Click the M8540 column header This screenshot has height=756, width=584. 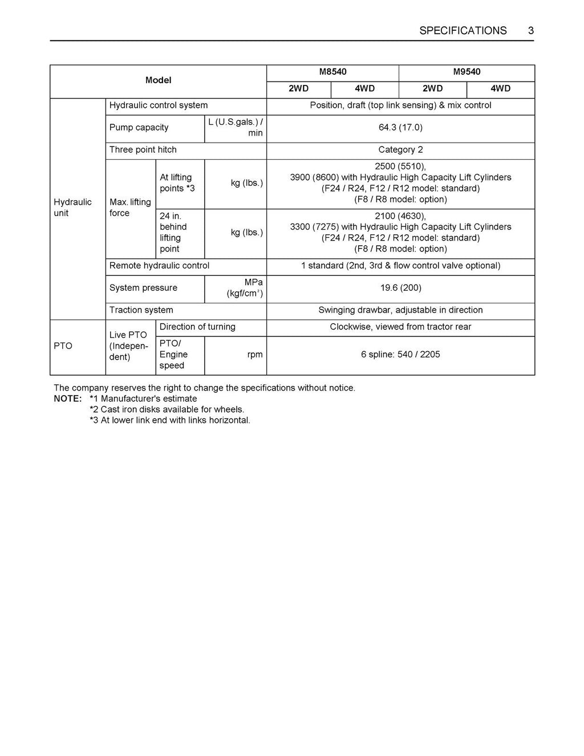332,72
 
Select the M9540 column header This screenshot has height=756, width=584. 467,72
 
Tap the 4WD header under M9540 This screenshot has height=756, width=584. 500,88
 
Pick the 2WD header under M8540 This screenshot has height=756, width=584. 298,88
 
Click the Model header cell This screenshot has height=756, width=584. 158,80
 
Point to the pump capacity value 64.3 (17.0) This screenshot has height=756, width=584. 400,127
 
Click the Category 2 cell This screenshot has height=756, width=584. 400,149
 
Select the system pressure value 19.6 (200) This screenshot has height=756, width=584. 400,287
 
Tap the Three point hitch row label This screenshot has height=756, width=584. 143,149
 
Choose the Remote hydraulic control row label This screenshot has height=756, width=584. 159,265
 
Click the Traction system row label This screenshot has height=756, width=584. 141,310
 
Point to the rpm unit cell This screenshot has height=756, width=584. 255,354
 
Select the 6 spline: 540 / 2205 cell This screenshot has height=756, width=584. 400,354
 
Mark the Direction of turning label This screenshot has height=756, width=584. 197,327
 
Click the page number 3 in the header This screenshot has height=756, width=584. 530,31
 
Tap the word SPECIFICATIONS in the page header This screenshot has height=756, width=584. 463,31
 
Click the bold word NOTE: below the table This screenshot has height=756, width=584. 68,399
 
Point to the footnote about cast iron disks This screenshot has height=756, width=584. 167,409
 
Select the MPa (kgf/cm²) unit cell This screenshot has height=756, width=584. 245,288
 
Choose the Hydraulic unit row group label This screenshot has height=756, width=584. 72,208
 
